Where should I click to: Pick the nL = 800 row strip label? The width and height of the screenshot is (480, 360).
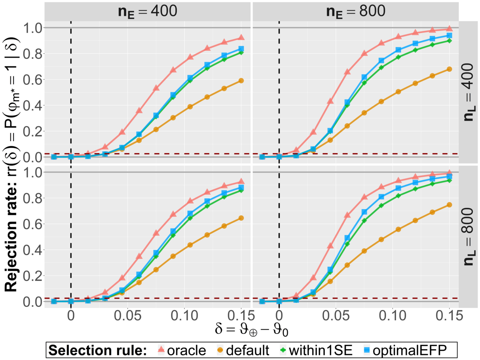click(469, 237)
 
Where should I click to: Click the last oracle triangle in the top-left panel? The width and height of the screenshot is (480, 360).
click(241, 38)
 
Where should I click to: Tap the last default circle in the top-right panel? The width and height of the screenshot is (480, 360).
click(449, 69)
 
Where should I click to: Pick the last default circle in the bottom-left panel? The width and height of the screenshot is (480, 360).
click(241, 218)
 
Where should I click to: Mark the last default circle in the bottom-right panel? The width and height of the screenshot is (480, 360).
click(449, 205)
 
